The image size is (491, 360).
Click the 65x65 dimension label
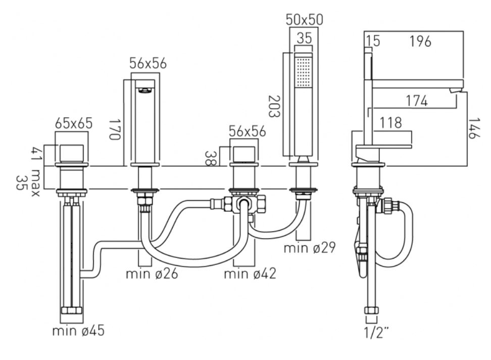(74, 123)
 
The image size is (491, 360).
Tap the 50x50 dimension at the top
(304, 20)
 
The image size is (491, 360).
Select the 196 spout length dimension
(421, 41)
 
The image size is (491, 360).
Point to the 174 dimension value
(417, 101)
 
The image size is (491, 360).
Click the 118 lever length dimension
(390, 123)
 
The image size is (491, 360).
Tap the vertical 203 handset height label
(274, 106)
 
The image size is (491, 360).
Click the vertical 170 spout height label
(115, 129)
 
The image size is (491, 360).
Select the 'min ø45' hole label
(78, 331)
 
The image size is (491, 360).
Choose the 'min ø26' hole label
(152, 274)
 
